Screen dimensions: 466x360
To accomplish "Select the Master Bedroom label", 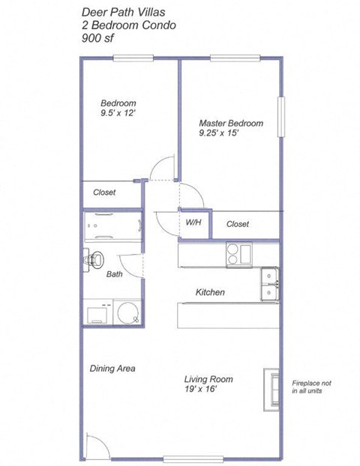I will click(230, 122).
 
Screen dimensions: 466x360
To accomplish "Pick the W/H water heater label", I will click(193, 223).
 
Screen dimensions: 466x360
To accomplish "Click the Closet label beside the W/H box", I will click(237, 224).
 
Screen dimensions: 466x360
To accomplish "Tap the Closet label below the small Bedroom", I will click(104, 193).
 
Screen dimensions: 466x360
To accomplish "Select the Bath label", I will click(114, 274).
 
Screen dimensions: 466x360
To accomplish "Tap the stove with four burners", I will click(240, 255).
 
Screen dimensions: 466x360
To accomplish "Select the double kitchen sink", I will click(269, 283).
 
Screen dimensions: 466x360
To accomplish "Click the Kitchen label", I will click(211, 292).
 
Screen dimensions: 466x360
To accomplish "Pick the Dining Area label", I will click(112, 368).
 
